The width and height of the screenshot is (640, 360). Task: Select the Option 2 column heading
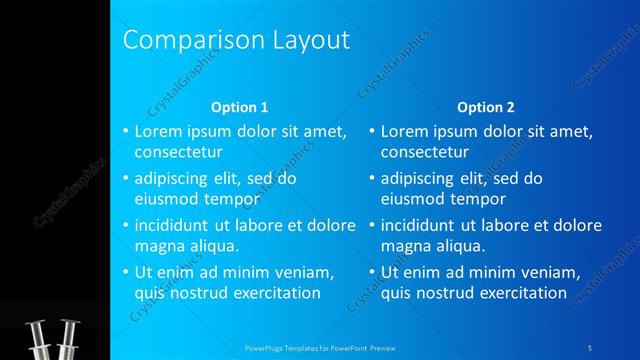click(x=486, y=107)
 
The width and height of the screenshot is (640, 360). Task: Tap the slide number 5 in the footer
click(x=591, y=350)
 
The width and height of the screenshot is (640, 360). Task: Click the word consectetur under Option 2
click(x=425, y=153)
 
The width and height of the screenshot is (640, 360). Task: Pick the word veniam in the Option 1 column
click(x=301, y=272)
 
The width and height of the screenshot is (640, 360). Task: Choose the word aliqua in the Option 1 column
click(x=209, y=246)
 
